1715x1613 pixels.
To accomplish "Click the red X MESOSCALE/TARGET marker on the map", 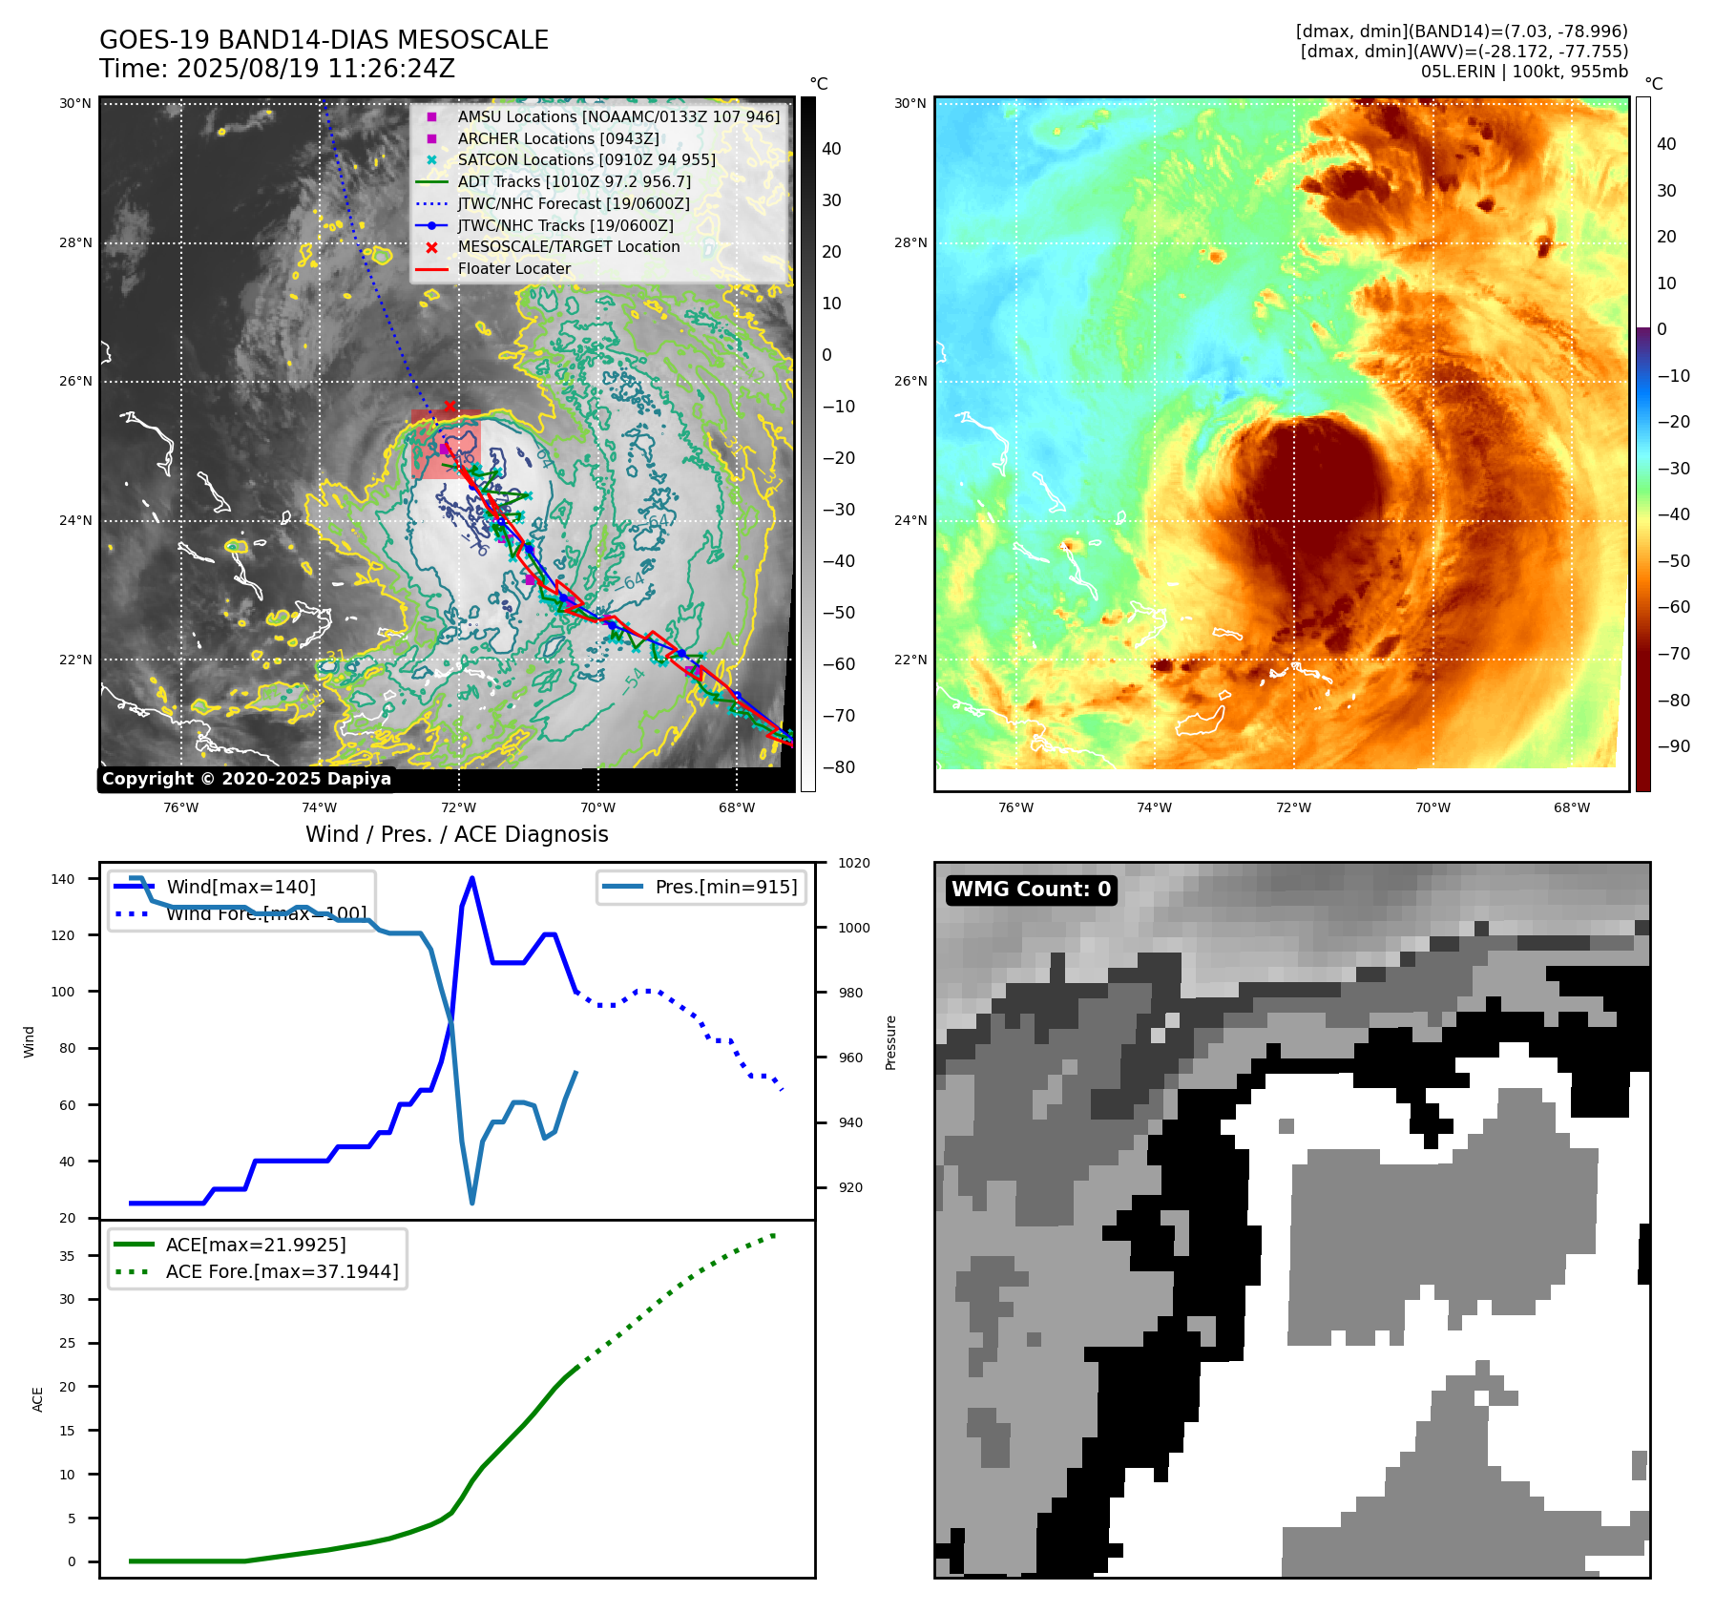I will pyautogui.click(x=450, y=407).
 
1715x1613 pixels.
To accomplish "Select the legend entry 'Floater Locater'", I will pyautogui.click(x=513, y=269).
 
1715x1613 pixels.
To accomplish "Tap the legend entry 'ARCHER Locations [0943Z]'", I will pyautogui.click(x=557, y=138).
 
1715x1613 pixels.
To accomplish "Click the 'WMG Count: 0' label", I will pyautogui.click(x=1031, y=890).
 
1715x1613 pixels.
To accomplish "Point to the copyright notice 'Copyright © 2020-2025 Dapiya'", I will pyautogui.click(x=246, y=779).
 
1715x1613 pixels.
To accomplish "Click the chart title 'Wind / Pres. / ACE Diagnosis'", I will pyautogui.click(x=456, y=834).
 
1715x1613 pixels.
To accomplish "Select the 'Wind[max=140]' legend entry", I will pyautogui.click(x=241, y=887).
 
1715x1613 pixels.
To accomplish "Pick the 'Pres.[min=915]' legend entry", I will pyautogui.click(x=725, y=887).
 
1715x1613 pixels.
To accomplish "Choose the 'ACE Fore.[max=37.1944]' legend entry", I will pyautogui.click(x=282, y=1271).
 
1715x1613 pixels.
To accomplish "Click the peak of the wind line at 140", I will pyautogui.click(x=472, y=878).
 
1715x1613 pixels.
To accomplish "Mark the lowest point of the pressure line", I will pyautogui.click(x=472, y=1203).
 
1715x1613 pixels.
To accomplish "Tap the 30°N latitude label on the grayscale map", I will pyautogui.click(x=75, y=103).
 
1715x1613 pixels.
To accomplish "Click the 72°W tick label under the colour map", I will pyautogui.click(x=1293, y=807).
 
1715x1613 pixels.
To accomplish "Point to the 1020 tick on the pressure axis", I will pyautogui.click(x=854, y=863).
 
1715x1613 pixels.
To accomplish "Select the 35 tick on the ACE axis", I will pyautogui.click(x=67, y=1256).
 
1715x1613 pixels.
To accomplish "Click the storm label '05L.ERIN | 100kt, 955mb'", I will pyautogui.click(x=1524, y=72).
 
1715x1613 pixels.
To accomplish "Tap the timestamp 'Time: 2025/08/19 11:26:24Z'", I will pyautogui.click(x=277, y=69).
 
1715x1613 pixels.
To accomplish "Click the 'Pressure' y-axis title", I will pyautogui.click(x=890, y=1042).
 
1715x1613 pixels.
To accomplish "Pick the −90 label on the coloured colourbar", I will pyautogui.click(x=1673, y=746).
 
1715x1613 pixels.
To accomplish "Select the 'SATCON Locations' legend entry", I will pyautogui.click(x=586, y=160).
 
